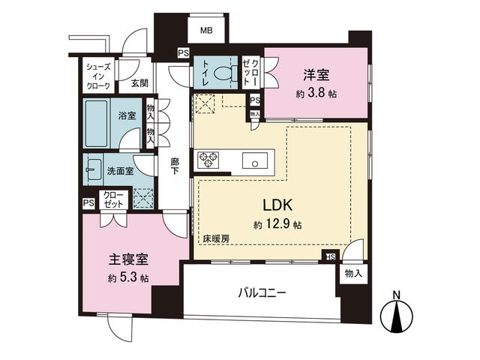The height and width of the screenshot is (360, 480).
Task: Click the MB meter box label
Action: pos(207,30)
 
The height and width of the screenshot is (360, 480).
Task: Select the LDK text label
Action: pos(278,205)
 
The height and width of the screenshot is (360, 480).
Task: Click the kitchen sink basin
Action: pos(255,160)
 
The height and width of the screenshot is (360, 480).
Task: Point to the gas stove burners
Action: pos(209,160)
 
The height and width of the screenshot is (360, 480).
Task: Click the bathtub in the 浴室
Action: pos(97,123)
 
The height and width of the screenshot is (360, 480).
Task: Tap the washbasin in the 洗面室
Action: pos(94,169)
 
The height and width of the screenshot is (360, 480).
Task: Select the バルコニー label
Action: pos(262,293)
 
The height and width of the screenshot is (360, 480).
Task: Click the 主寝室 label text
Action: pos(128,260)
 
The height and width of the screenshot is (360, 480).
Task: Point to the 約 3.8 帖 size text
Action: pos(316,94)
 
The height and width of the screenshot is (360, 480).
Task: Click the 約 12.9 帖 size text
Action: pos(277,225)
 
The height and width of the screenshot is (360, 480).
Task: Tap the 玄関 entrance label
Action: pos(139,83)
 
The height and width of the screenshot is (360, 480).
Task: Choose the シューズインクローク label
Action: pos(98,76)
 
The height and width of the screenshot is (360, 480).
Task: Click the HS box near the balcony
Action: pos(331,256)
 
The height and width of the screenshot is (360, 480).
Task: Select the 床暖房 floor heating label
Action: pos(217,239)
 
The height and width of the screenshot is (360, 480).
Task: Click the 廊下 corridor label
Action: pos(175,166)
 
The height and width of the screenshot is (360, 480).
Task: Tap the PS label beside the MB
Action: pos(183,53)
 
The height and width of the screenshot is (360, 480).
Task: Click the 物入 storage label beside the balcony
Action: pos(353,273)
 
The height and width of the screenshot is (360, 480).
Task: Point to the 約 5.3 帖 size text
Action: pos(128,278)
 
